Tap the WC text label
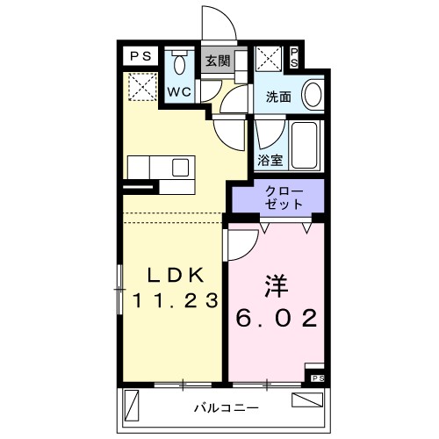181,91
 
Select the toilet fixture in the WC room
180,63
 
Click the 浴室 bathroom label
270,160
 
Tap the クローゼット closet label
279,198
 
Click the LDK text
175,273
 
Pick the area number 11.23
175,300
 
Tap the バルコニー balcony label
225,407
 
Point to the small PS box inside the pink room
316,378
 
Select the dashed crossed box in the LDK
140,86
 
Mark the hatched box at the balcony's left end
133,406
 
